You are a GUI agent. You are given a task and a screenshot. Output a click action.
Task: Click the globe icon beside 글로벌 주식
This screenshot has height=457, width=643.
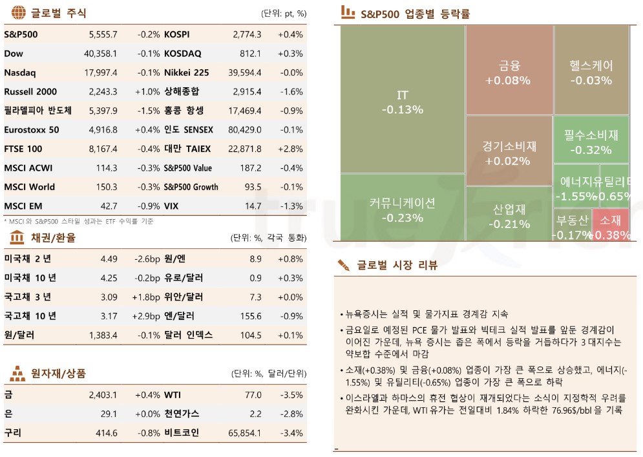19,12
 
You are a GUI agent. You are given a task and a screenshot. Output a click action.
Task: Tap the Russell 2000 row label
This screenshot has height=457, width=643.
30,92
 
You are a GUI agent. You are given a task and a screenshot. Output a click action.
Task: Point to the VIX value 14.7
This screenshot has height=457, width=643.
253,206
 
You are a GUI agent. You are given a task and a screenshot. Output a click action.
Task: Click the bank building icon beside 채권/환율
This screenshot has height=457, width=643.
17,238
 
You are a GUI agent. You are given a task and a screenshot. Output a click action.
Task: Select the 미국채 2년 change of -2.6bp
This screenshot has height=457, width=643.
147,259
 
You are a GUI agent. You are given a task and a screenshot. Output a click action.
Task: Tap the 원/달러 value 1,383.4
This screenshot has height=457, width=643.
103,335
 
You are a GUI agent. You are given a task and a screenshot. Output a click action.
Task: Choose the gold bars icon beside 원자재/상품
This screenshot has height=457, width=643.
18,374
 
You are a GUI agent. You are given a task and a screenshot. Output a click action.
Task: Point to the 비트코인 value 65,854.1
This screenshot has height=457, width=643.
244,433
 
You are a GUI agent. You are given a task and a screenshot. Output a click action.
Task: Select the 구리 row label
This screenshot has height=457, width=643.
13,433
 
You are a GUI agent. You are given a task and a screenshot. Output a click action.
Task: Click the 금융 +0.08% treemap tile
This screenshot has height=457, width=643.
509,70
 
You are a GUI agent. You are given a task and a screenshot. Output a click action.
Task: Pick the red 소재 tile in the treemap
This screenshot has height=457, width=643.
611,226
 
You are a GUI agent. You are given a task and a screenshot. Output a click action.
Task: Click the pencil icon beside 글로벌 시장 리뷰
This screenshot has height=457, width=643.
344,265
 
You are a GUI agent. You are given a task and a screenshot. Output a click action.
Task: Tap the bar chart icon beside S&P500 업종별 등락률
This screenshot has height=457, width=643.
348,12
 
